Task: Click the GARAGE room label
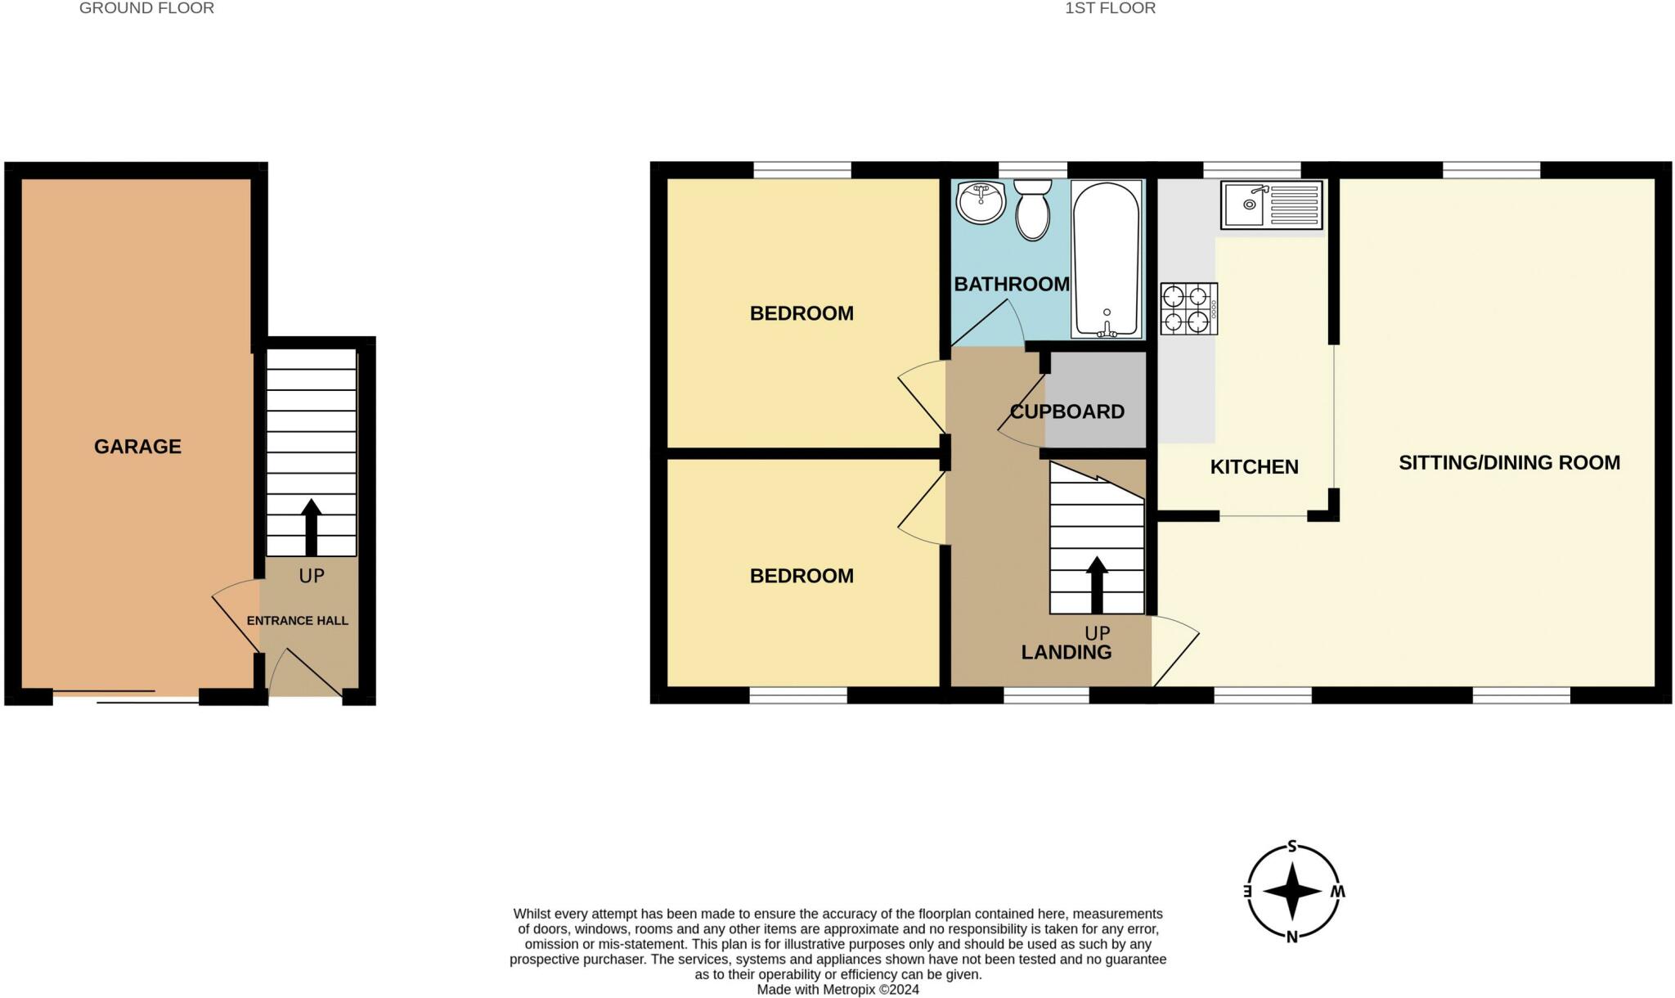click(137, 447)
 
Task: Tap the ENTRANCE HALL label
click(298, 621)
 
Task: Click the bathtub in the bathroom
click(1106, 258)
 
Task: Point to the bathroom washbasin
click(981, 202)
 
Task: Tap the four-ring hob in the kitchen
click(1188, 308)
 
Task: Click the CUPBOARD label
click(1067, 411)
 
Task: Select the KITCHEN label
click(1254, 467)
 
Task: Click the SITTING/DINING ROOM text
click(1509, 463)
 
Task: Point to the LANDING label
click(1066, 652)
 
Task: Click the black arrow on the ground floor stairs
click(311, 528)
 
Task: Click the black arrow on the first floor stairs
click(1097, 584)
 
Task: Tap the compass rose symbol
click(1292, 892)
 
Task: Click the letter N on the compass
click(1292, 937)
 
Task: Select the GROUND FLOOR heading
click(146, 8)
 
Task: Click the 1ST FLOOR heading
click(1110, 8)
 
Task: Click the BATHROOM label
click(1011, 284)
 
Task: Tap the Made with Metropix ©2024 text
click(837, 989)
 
